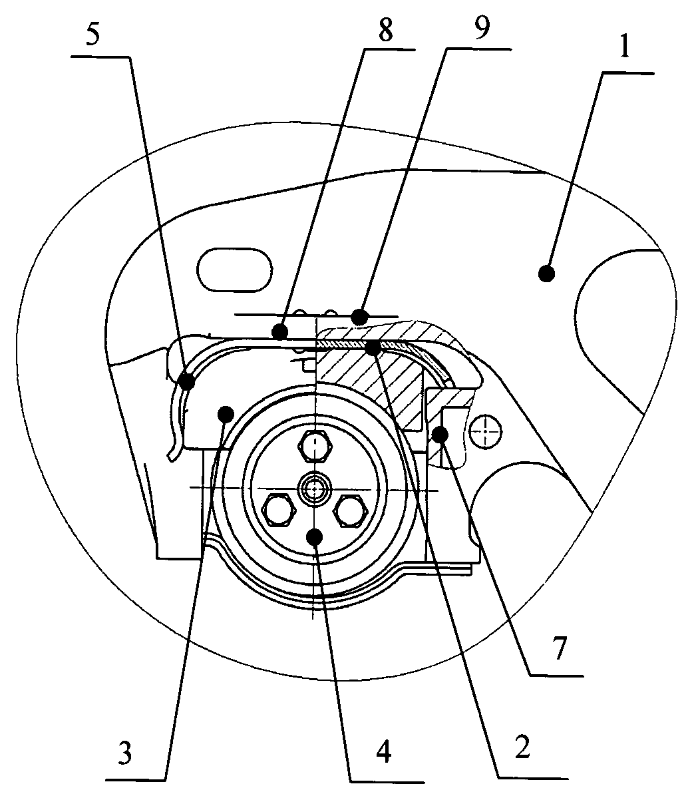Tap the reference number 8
pyautogui.click(x=385, y=30)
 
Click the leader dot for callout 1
pyautogui.click(x=547, y=273)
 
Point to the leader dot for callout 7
pyautogui.click(x=439, y=435)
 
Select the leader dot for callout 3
pyautogui.click(x=226, y=413)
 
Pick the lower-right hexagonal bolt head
pyautogui.click(x=351, y=511)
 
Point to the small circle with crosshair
pyautogui.click(x=485, y=433)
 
